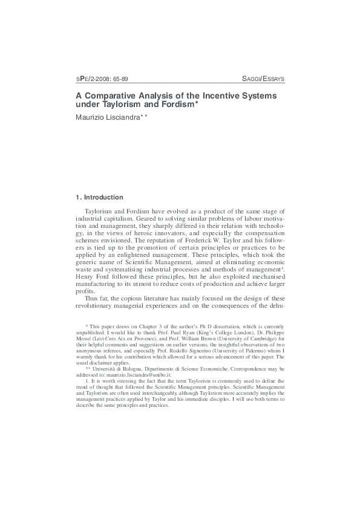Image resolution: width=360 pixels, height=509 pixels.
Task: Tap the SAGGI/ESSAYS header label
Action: pyautogui.click(x=263, y=79)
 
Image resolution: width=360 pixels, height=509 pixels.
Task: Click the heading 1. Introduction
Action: pyautogui.click(x=99, y=197)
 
